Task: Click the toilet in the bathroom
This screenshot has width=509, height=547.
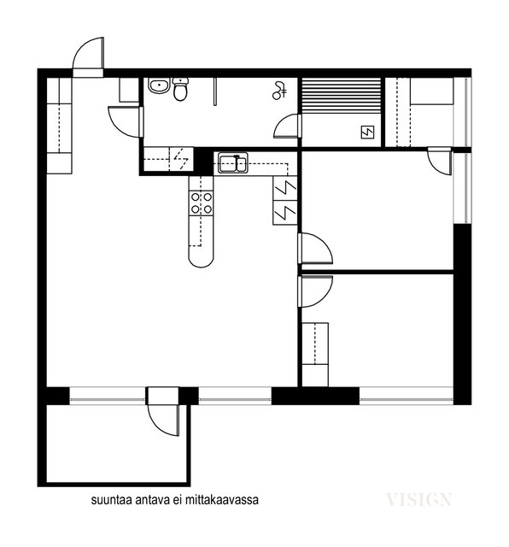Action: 180,89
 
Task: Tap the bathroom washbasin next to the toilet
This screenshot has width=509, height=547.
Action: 158,85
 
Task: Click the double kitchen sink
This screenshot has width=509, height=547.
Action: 231,162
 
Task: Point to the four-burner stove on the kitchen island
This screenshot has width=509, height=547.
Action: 202,203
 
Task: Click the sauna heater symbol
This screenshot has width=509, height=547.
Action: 368,132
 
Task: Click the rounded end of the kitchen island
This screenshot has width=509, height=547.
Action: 200,255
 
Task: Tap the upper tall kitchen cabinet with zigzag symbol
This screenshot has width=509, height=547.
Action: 285,187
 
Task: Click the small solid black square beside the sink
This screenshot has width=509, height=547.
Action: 202,161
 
